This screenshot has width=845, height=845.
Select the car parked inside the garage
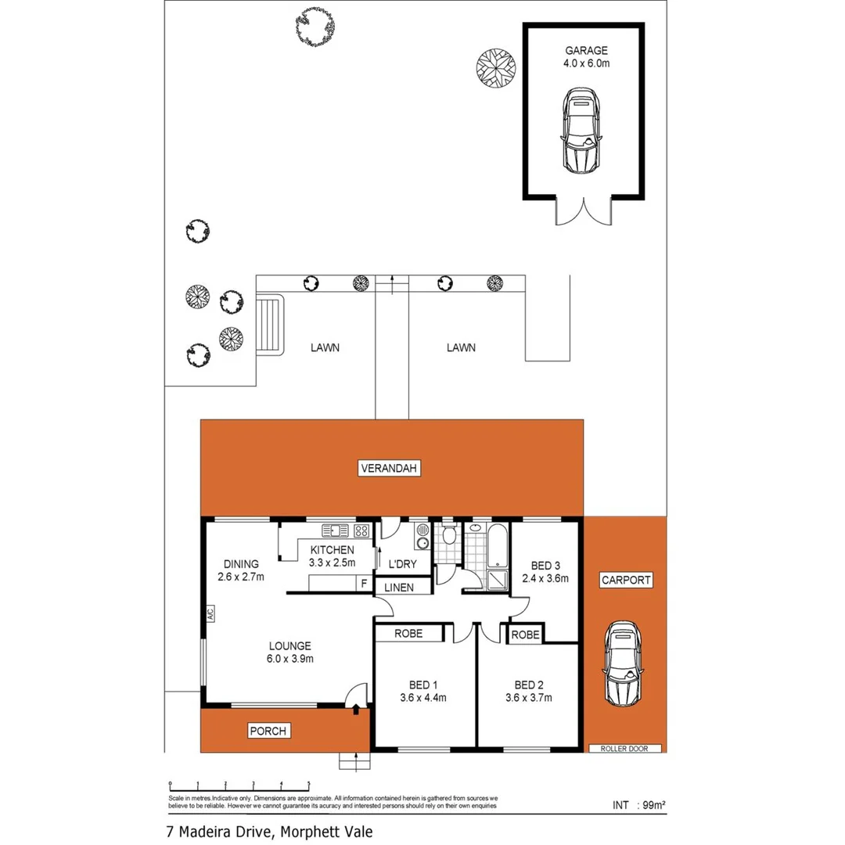point(581,131)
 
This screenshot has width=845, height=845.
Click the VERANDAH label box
point(390,469)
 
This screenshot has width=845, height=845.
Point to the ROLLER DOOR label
point(626,748)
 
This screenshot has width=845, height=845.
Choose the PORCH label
point(269,732)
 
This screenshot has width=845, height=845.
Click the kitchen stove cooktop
point(361,530)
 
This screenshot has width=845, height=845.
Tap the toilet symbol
point(448,537)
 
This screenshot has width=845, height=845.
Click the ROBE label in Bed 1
point(408,634)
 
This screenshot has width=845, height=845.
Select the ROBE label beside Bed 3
point(524,635)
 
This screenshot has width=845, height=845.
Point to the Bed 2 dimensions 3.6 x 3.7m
point(530,698)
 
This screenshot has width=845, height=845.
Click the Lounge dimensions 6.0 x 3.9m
point(289,659)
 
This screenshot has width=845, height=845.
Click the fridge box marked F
point(363,583)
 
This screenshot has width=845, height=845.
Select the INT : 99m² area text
point(638,804)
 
